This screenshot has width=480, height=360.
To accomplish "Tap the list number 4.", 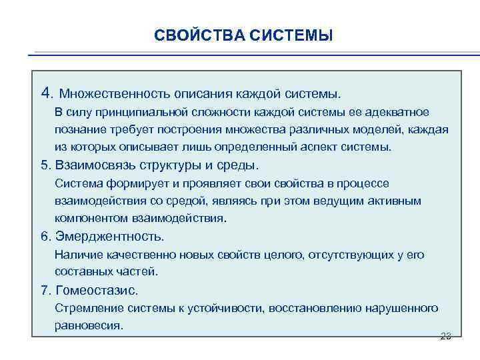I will point(45,91).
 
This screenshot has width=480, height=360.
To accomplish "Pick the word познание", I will point(79,129).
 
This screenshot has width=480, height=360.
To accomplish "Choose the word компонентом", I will point(90,218).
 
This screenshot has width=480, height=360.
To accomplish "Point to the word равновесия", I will point(89,325).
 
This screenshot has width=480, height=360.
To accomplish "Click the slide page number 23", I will point(446,336).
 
